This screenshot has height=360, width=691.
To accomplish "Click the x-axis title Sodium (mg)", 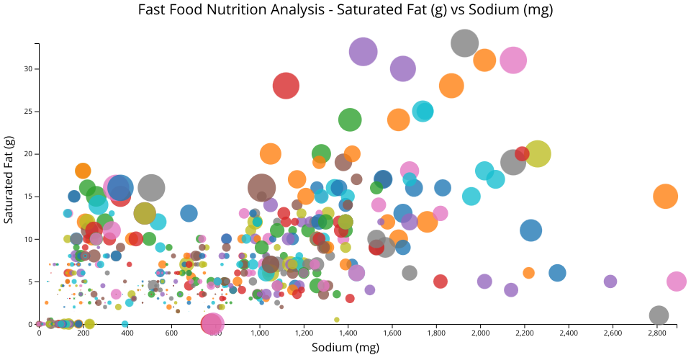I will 345,348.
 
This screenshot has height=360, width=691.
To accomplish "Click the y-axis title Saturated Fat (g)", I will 9,179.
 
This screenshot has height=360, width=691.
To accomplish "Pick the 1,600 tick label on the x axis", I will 392,333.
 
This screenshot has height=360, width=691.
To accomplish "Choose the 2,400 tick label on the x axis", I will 569,333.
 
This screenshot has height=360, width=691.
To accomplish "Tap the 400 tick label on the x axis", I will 127,333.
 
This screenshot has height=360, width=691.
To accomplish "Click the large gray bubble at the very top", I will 466,43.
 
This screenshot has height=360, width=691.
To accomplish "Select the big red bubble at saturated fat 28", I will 286,86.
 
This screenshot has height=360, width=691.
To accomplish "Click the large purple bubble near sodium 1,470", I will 363,51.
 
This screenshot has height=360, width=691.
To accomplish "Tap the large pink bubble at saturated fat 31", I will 513,60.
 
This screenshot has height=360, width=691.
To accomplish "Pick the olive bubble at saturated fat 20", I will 538,153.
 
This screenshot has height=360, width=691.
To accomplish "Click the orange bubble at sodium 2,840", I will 666,196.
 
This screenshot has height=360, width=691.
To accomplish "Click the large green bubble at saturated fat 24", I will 350,120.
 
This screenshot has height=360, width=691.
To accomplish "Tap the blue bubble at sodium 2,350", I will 557,273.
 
